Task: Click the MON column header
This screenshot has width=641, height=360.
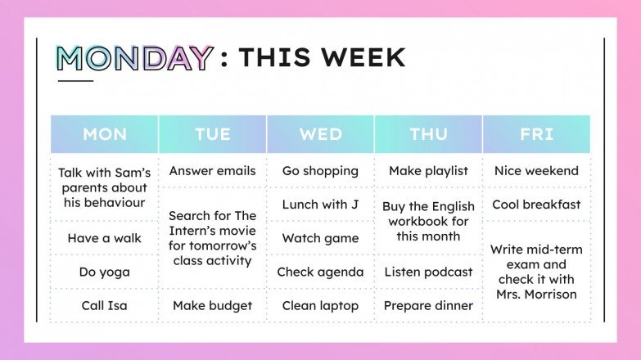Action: tap(105, 134)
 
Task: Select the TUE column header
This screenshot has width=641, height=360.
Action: tap(213, 134)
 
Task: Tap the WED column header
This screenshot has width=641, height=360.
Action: tap(321, 134)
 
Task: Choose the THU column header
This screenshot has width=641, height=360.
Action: tap(429, 134)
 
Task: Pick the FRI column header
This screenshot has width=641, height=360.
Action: tap(537, 134)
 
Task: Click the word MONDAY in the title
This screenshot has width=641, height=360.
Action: tap(134, 58)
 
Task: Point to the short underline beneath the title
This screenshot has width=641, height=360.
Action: tap(75, 80)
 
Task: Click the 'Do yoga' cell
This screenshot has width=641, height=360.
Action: tap(105, 272)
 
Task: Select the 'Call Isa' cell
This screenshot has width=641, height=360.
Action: tap(105, 305)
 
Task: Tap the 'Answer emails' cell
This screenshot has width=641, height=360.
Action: tap(213, 171)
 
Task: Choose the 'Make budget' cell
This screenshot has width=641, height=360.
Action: tap(213, 305)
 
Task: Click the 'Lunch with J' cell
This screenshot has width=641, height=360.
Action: tap(321, 205)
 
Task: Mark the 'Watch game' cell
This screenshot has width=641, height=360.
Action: tap(321, 238)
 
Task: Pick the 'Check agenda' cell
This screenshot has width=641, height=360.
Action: tap(321, 272)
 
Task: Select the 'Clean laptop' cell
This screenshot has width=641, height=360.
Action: tap(321, 305)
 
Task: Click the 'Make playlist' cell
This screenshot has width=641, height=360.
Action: tap(429, 171)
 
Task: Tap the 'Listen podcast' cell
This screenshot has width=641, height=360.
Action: tap(429, 272)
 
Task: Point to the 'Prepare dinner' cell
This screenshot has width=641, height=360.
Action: tap(429, 305)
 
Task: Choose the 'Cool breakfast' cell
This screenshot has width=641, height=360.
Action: tap(537, 205)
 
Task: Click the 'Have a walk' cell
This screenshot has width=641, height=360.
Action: tap(105, 238)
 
